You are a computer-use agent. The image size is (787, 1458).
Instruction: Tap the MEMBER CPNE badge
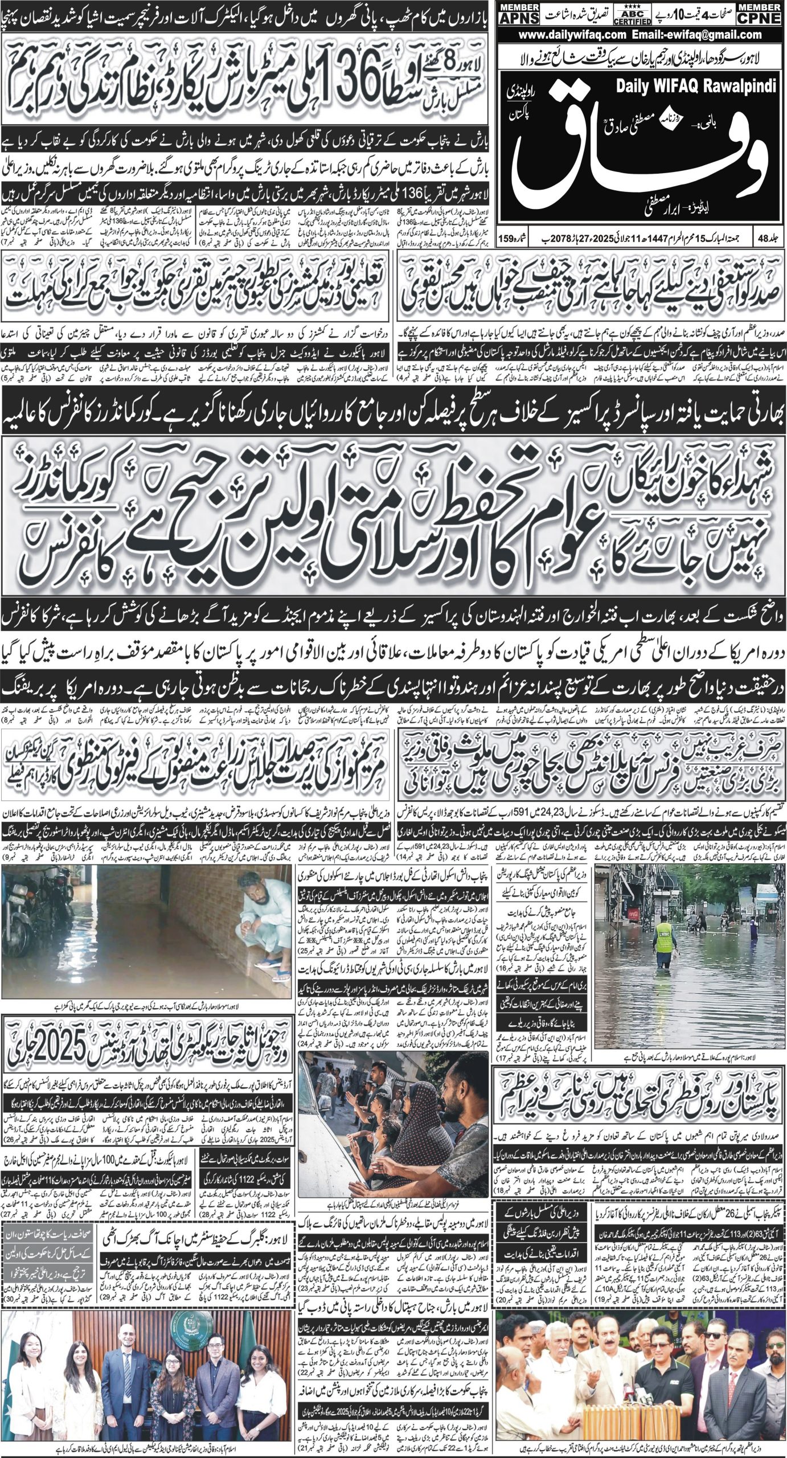click(760, 13)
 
